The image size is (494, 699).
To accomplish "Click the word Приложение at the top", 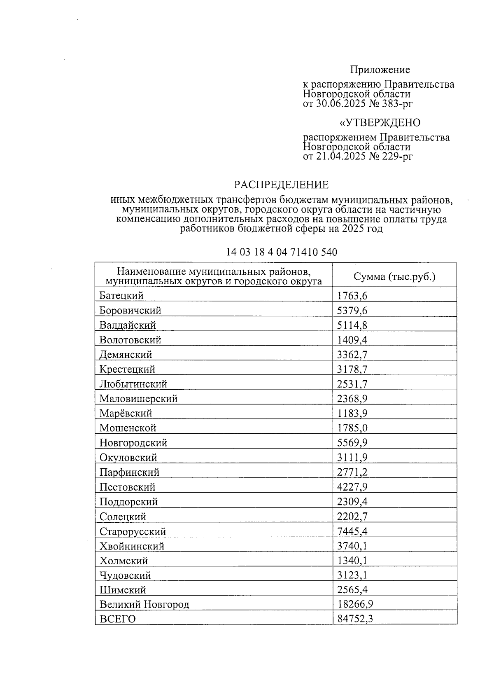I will [x=380, y=70].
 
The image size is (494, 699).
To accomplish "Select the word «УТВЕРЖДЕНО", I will [x=379, y=123].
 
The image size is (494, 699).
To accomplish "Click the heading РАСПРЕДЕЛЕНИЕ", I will [x=282, y=185].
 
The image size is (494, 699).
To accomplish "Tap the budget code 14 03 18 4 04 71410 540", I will [x=282, y=252].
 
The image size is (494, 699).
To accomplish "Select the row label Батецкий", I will [x=121, y=295].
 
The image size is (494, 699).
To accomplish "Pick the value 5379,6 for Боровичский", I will [x=352, y=310].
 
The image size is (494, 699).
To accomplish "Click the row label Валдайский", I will [x=128, y=325].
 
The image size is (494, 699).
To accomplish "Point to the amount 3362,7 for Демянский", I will [x=352, y=355].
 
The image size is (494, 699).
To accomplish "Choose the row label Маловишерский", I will [x=138, y=399].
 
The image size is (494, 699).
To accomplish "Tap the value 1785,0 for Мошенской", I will [x=352, y=428].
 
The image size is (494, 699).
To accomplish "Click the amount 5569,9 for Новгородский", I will [x=352, y=443].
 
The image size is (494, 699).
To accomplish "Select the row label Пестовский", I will [x=127, y=487].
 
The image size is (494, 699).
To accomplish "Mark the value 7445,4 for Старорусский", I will [x=352, y=531].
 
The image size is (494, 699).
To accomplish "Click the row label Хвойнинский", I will [x=132, y=546].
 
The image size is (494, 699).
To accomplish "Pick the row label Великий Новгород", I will [x=144, y=605].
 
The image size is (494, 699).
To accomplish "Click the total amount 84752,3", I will [x=354, y=619].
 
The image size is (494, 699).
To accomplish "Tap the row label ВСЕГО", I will [x=117, y=619].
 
